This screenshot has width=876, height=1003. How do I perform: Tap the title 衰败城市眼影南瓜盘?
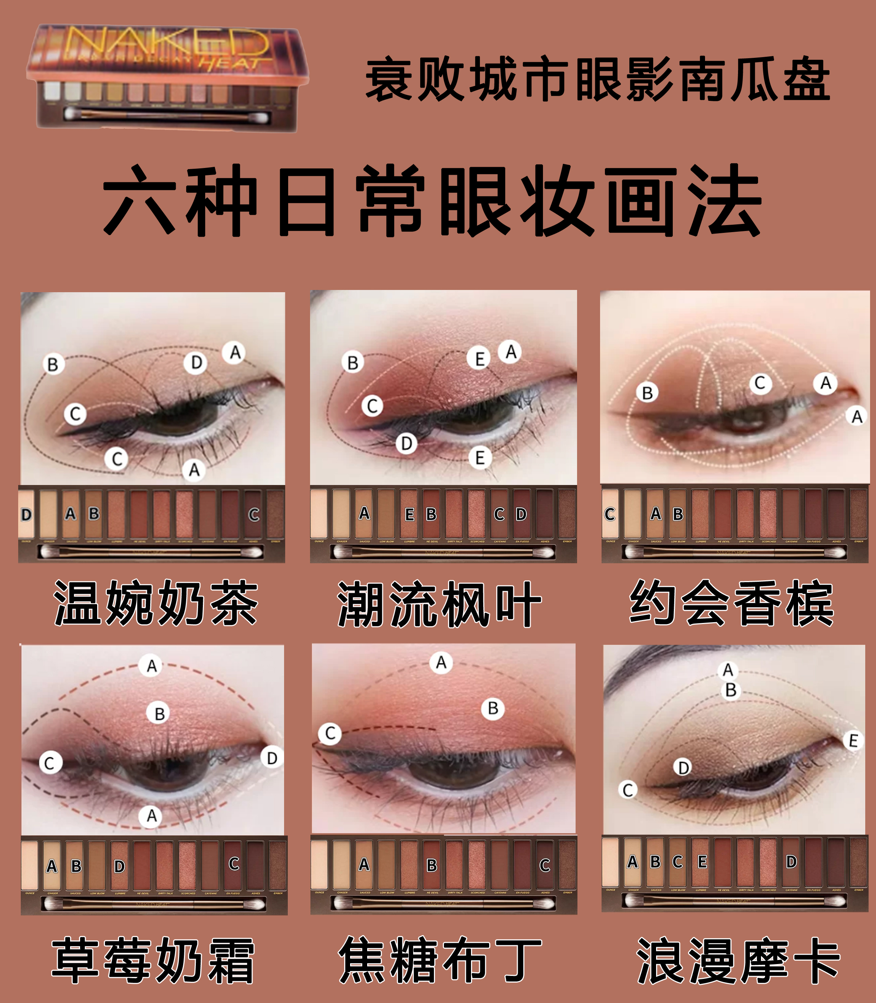pyautogui.click(x=597, y=79)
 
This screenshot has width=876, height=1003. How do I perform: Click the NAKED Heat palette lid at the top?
pyautogui.click(x=168, y=51)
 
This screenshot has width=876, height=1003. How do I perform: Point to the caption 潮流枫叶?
pyautogui.click(x=439, y=605)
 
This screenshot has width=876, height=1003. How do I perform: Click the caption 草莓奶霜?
pyautogui.click(x=153, y=960)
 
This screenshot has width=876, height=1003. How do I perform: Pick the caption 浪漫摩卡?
pyautogui.click(x=738, y=960)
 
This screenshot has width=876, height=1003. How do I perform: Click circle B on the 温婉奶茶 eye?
pyautogui.click(x=53, y=364)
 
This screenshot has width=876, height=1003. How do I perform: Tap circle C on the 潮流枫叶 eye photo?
pyautogui.click(x=372, y=406)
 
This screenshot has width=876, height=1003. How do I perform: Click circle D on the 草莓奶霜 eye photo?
pyautogui.click(x=272, y=758)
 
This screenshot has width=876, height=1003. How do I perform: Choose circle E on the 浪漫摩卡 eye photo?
pyautogui.click(x=853, y=740)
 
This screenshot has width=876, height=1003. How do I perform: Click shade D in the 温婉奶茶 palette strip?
pyautogui.click(x=26, y=514)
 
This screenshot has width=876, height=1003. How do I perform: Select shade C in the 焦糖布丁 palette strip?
pyautogui.click(x=544, y=865)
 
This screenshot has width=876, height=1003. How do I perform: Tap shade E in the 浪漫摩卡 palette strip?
pyautogui.click(x=702, y=862)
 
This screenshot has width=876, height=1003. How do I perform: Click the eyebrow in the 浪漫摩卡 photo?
pyautogui.click(x=645, y=662)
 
